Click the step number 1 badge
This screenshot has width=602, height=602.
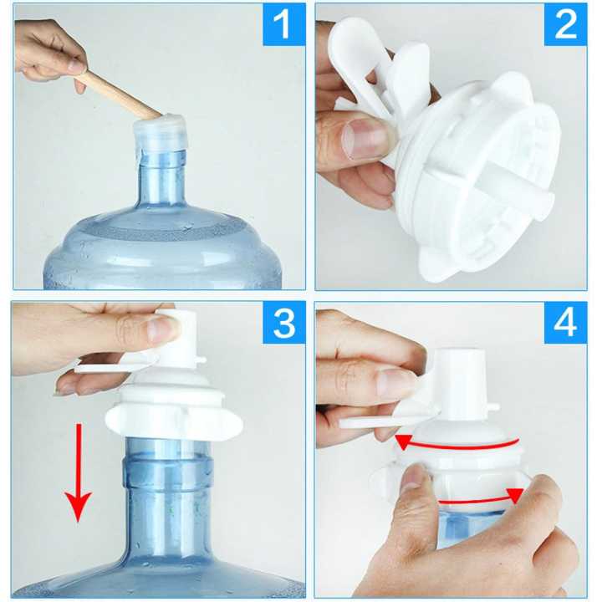click(283, 25)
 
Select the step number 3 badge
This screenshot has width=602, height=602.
click(283, 324)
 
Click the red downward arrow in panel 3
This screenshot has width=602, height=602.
click(79, 472)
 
